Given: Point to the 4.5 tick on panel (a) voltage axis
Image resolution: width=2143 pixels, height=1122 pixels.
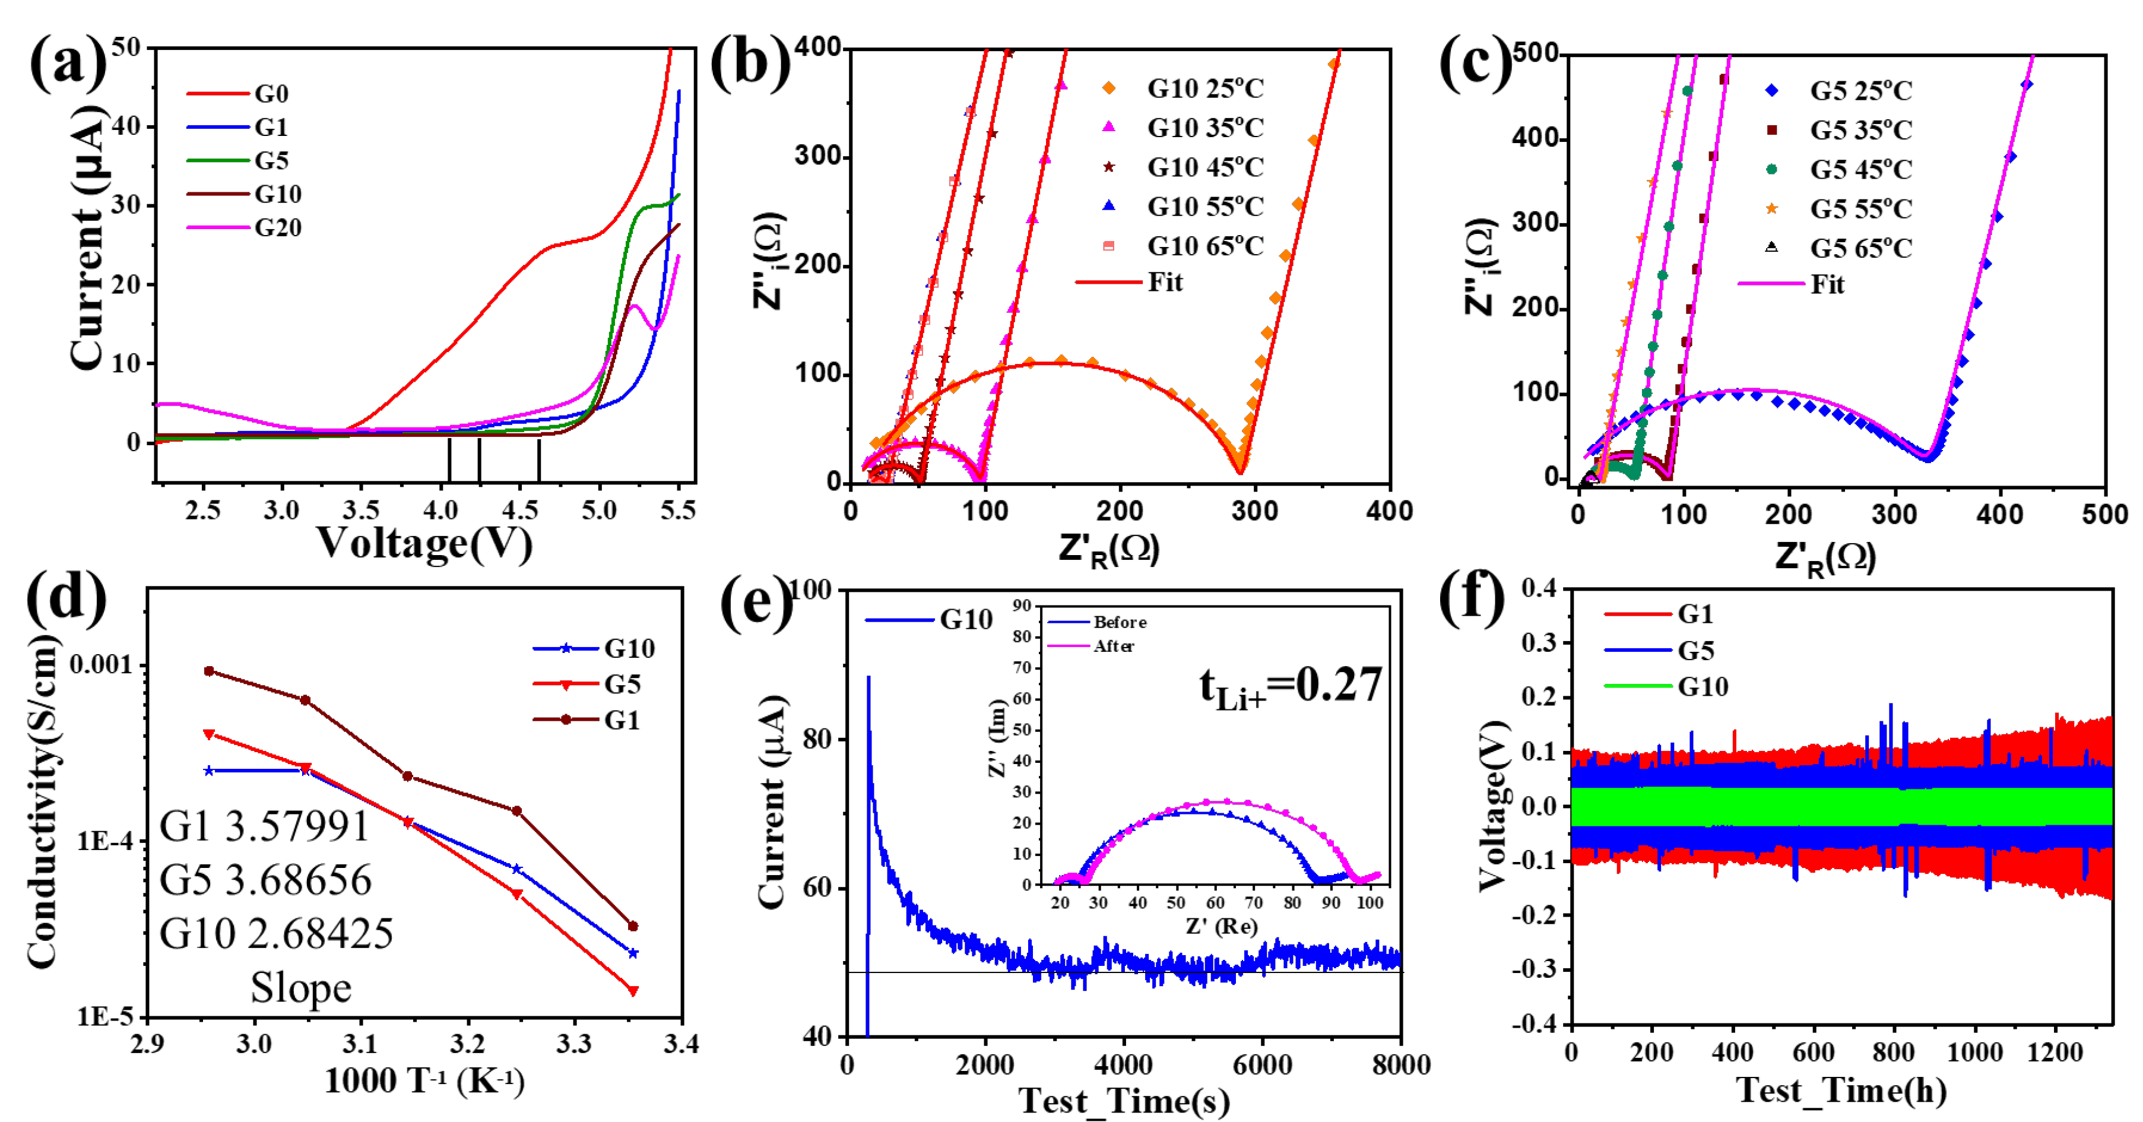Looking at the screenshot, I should coord(520,510).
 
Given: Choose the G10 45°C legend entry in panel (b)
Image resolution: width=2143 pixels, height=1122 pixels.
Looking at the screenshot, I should coord(1204,167).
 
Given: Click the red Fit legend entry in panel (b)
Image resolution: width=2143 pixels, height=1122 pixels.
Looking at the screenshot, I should coord(1165,283).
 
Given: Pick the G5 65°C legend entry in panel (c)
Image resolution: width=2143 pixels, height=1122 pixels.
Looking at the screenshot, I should coord(1860,248).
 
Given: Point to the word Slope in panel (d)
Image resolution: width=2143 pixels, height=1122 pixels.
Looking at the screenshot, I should coord(301,988).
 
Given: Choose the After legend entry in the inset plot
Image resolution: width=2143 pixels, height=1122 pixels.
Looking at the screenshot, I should coord(1113,646).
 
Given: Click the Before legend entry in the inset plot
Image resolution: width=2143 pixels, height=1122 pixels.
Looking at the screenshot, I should coord(1119,622).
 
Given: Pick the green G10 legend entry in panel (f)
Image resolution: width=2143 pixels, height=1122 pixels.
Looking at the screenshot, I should coord(1702,686).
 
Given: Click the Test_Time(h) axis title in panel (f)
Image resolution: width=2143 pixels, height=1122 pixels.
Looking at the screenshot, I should coord(1841,1091).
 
